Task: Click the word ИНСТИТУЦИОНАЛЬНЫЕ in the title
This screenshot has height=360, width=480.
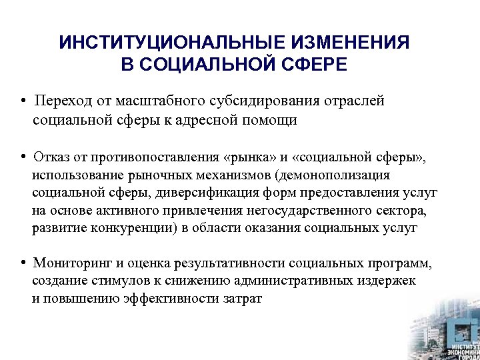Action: click(x=172, y=43)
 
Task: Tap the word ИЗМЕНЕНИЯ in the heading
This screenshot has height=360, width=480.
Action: click(x=350, y=43)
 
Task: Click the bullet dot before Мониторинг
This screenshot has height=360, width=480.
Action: click(x=23, y=262)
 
